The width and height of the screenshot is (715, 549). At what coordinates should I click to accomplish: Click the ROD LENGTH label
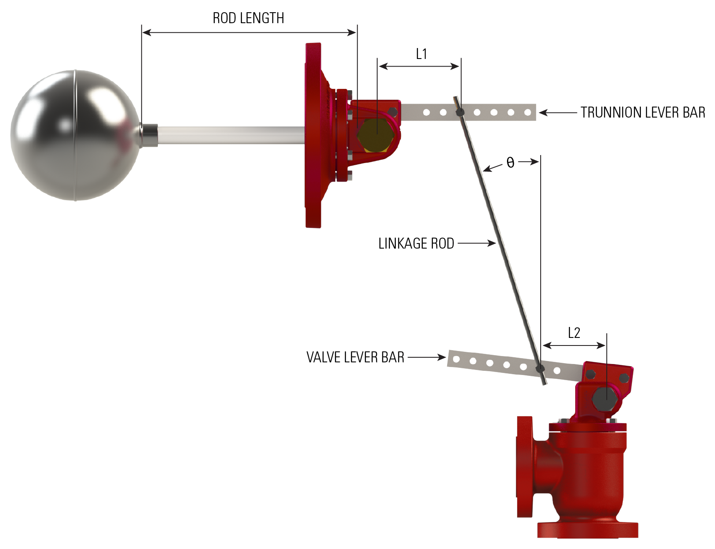248,18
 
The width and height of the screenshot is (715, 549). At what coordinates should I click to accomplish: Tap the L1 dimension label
421,54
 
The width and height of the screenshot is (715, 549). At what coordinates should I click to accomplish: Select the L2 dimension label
574,333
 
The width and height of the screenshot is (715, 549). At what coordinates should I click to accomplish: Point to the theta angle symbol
510,163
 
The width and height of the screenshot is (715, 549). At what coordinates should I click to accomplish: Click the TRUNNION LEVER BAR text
643,112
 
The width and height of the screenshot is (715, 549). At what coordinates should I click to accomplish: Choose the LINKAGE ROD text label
416,244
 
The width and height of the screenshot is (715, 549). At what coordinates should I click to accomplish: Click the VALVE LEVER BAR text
355,357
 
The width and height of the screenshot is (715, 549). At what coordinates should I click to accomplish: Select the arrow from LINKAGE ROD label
477,243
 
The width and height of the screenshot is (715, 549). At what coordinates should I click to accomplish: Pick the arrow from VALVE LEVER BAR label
427,357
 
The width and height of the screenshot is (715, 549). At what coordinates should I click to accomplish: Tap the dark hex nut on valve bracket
606,398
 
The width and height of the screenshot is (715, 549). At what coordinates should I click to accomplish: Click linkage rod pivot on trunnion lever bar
460,112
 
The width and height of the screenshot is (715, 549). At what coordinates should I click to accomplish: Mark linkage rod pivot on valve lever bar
540,370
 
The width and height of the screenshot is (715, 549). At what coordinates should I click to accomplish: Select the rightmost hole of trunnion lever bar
527,112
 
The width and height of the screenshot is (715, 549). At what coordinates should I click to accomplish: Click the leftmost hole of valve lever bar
456,359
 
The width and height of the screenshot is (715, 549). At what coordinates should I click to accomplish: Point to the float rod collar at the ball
149,135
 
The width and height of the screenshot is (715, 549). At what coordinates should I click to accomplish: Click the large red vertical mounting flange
313,135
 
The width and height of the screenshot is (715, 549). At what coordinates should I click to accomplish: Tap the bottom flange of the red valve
587,530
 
